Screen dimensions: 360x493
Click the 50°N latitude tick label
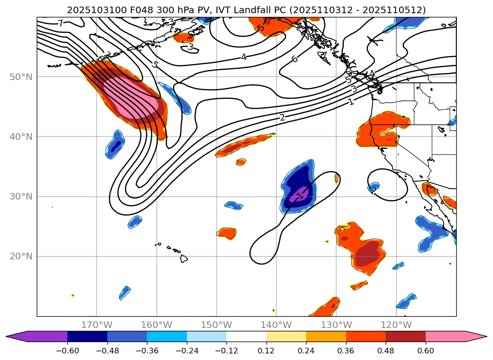(x=21, y=77)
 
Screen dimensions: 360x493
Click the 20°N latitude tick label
(x=21, y=256)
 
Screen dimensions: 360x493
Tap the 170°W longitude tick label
(x=97, y=325)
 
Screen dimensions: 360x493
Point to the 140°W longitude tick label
(x=276, y=325)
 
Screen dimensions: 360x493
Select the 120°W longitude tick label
(x=396, y=325)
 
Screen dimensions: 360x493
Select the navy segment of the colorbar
(x=87, y=336)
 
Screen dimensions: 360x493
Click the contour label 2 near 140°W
(x=282, y=117)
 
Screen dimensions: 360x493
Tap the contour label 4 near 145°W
(x=243, y=57)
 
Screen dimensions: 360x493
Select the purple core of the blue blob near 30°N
(x=299, y=194)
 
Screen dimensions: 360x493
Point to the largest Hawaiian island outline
(x=183, y=258)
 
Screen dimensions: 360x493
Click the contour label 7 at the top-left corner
(x=60, y=23)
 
